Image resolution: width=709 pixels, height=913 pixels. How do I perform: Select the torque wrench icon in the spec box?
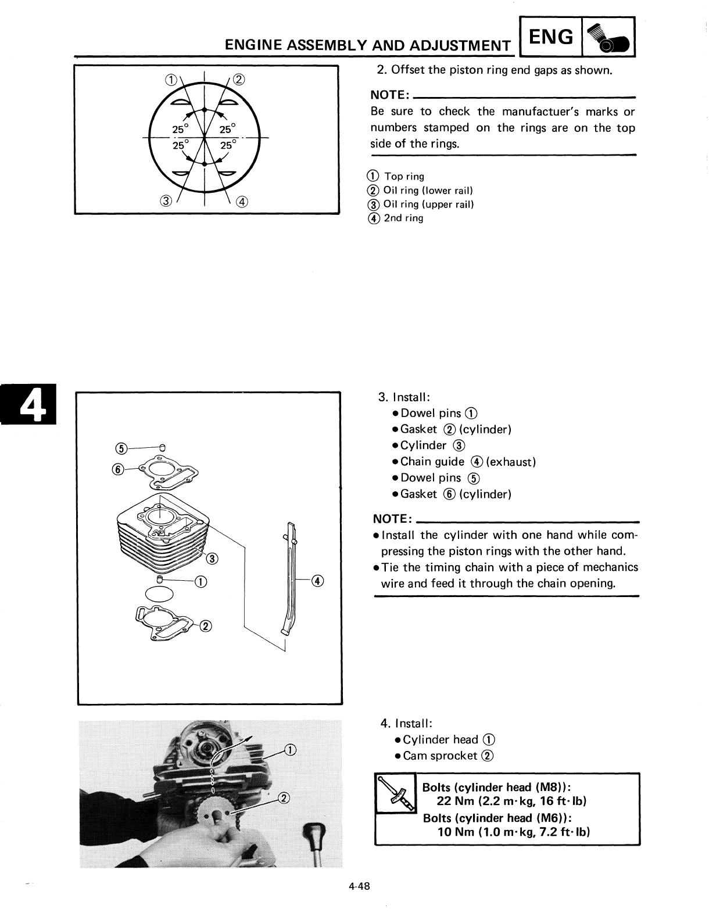click(395, 793)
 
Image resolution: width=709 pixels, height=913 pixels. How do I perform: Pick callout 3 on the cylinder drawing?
click(213, 559)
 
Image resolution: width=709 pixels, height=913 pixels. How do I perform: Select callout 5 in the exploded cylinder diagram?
click(120, 448)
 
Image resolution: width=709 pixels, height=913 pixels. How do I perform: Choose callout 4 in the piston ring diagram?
click(242, 202)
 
